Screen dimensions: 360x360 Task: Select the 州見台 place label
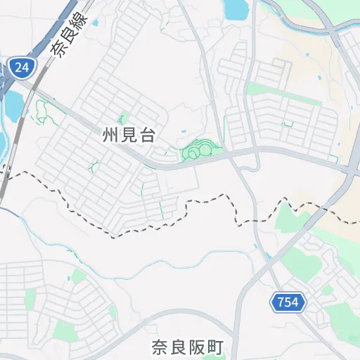pyautogui.click(x=128, y=136)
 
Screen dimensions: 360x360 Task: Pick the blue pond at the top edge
pyautogui.click(x=236, y=8)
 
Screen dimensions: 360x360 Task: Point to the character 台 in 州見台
pyautogui.click(x=146, y=136)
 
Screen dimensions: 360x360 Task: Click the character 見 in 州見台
pyautogui.click(x=128, y=136)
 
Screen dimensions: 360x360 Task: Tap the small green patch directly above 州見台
pyautogui.click(x=124, y=118)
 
